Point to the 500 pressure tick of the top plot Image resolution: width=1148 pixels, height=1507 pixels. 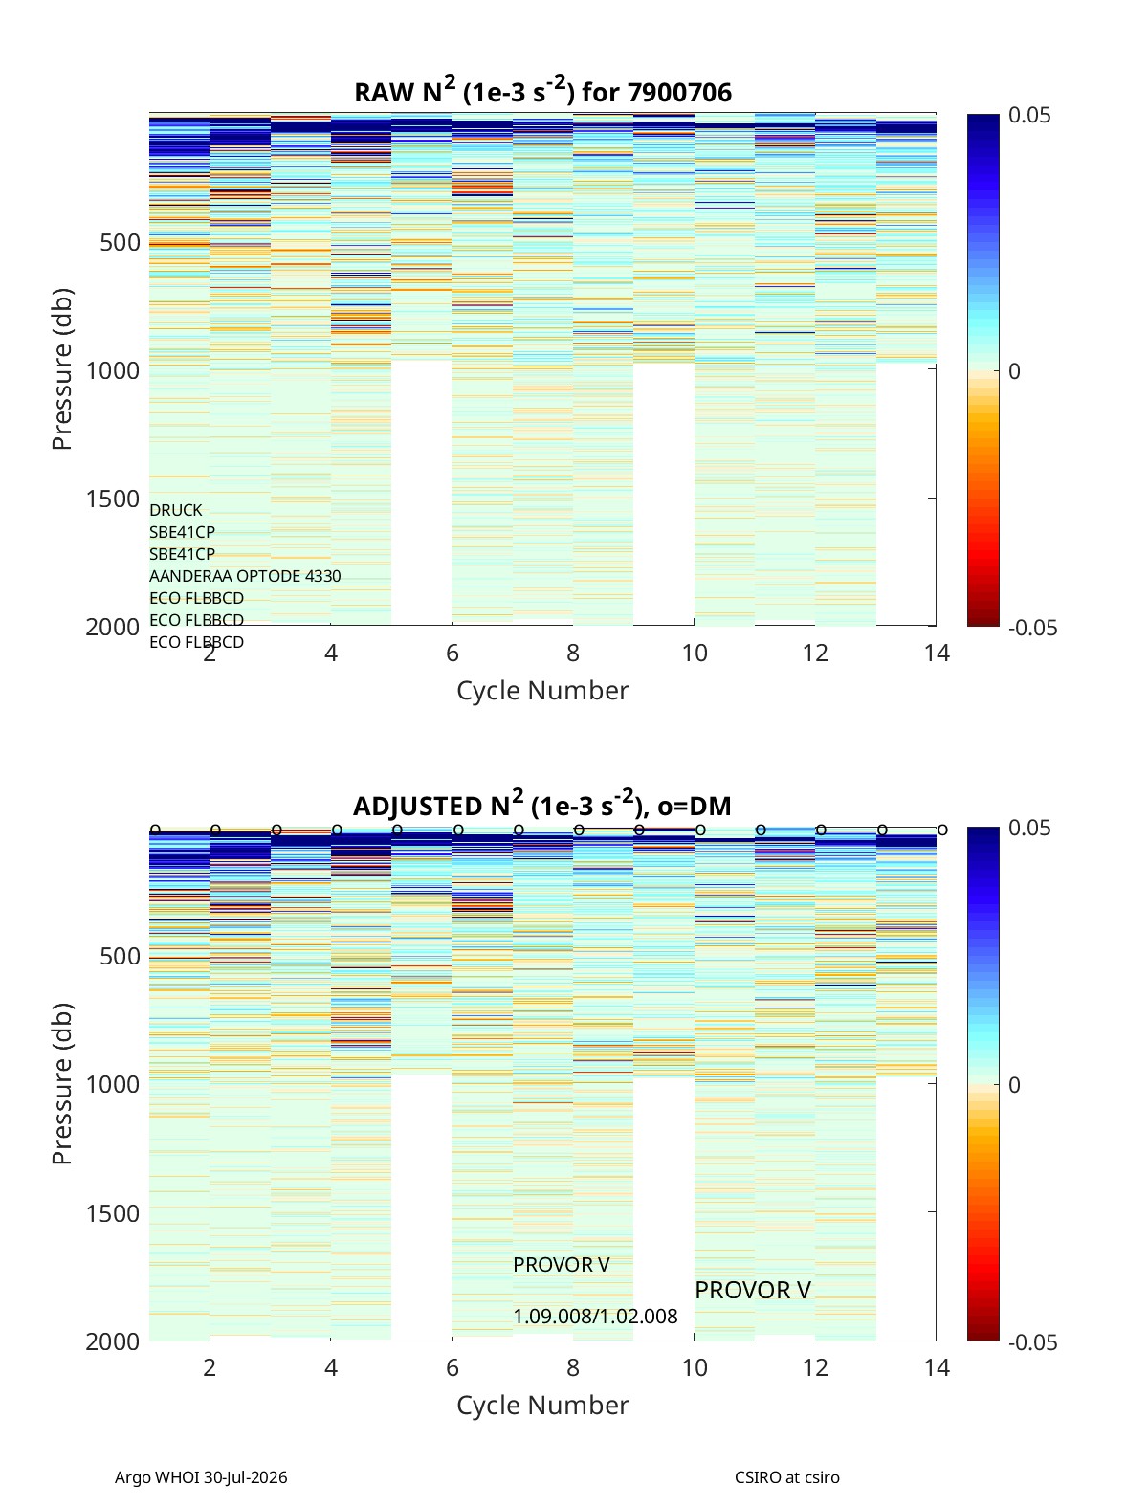121,242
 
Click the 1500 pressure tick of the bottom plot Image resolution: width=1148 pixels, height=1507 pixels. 113,1212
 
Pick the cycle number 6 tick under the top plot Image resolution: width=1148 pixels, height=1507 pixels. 453,653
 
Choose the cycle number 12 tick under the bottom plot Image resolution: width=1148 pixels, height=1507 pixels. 815,1367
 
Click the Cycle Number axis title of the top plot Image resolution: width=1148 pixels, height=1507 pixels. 542,690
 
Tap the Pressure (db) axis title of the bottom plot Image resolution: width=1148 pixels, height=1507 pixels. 62,1083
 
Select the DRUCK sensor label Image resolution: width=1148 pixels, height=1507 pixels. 176,510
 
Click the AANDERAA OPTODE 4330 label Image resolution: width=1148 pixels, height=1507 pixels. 245,576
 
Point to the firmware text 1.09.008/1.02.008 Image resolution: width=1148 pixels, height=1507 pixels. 595,1317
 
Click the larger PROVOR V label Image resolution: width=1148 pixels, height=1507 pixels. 753,1290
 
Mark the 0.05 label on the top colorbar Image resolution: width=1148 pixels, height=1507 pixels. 1029,115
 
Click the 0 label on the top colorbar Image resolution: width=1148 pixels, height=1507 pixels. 1014,371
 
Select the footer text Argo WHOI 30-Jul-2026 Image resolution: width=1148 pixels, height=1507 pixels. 201,1477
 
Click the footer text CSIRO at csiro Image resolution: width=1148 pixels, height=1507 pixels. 787,1477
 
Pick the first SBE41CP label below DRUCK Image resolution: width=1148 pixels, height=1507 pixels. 182,532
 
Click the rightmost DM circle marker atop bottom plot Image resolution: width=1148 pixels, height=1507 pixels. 943,831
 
